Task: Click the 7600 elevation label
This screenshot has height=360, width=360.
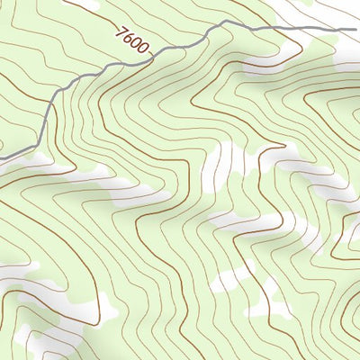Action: pos(132,43)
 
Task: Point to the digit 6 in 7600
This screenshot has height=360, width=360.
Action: pos(129,40)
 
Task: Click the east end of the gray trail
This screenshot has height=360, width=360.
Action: pos(357,30)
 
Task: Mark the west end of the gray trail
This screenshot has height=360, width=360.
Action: pos(2,159)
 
